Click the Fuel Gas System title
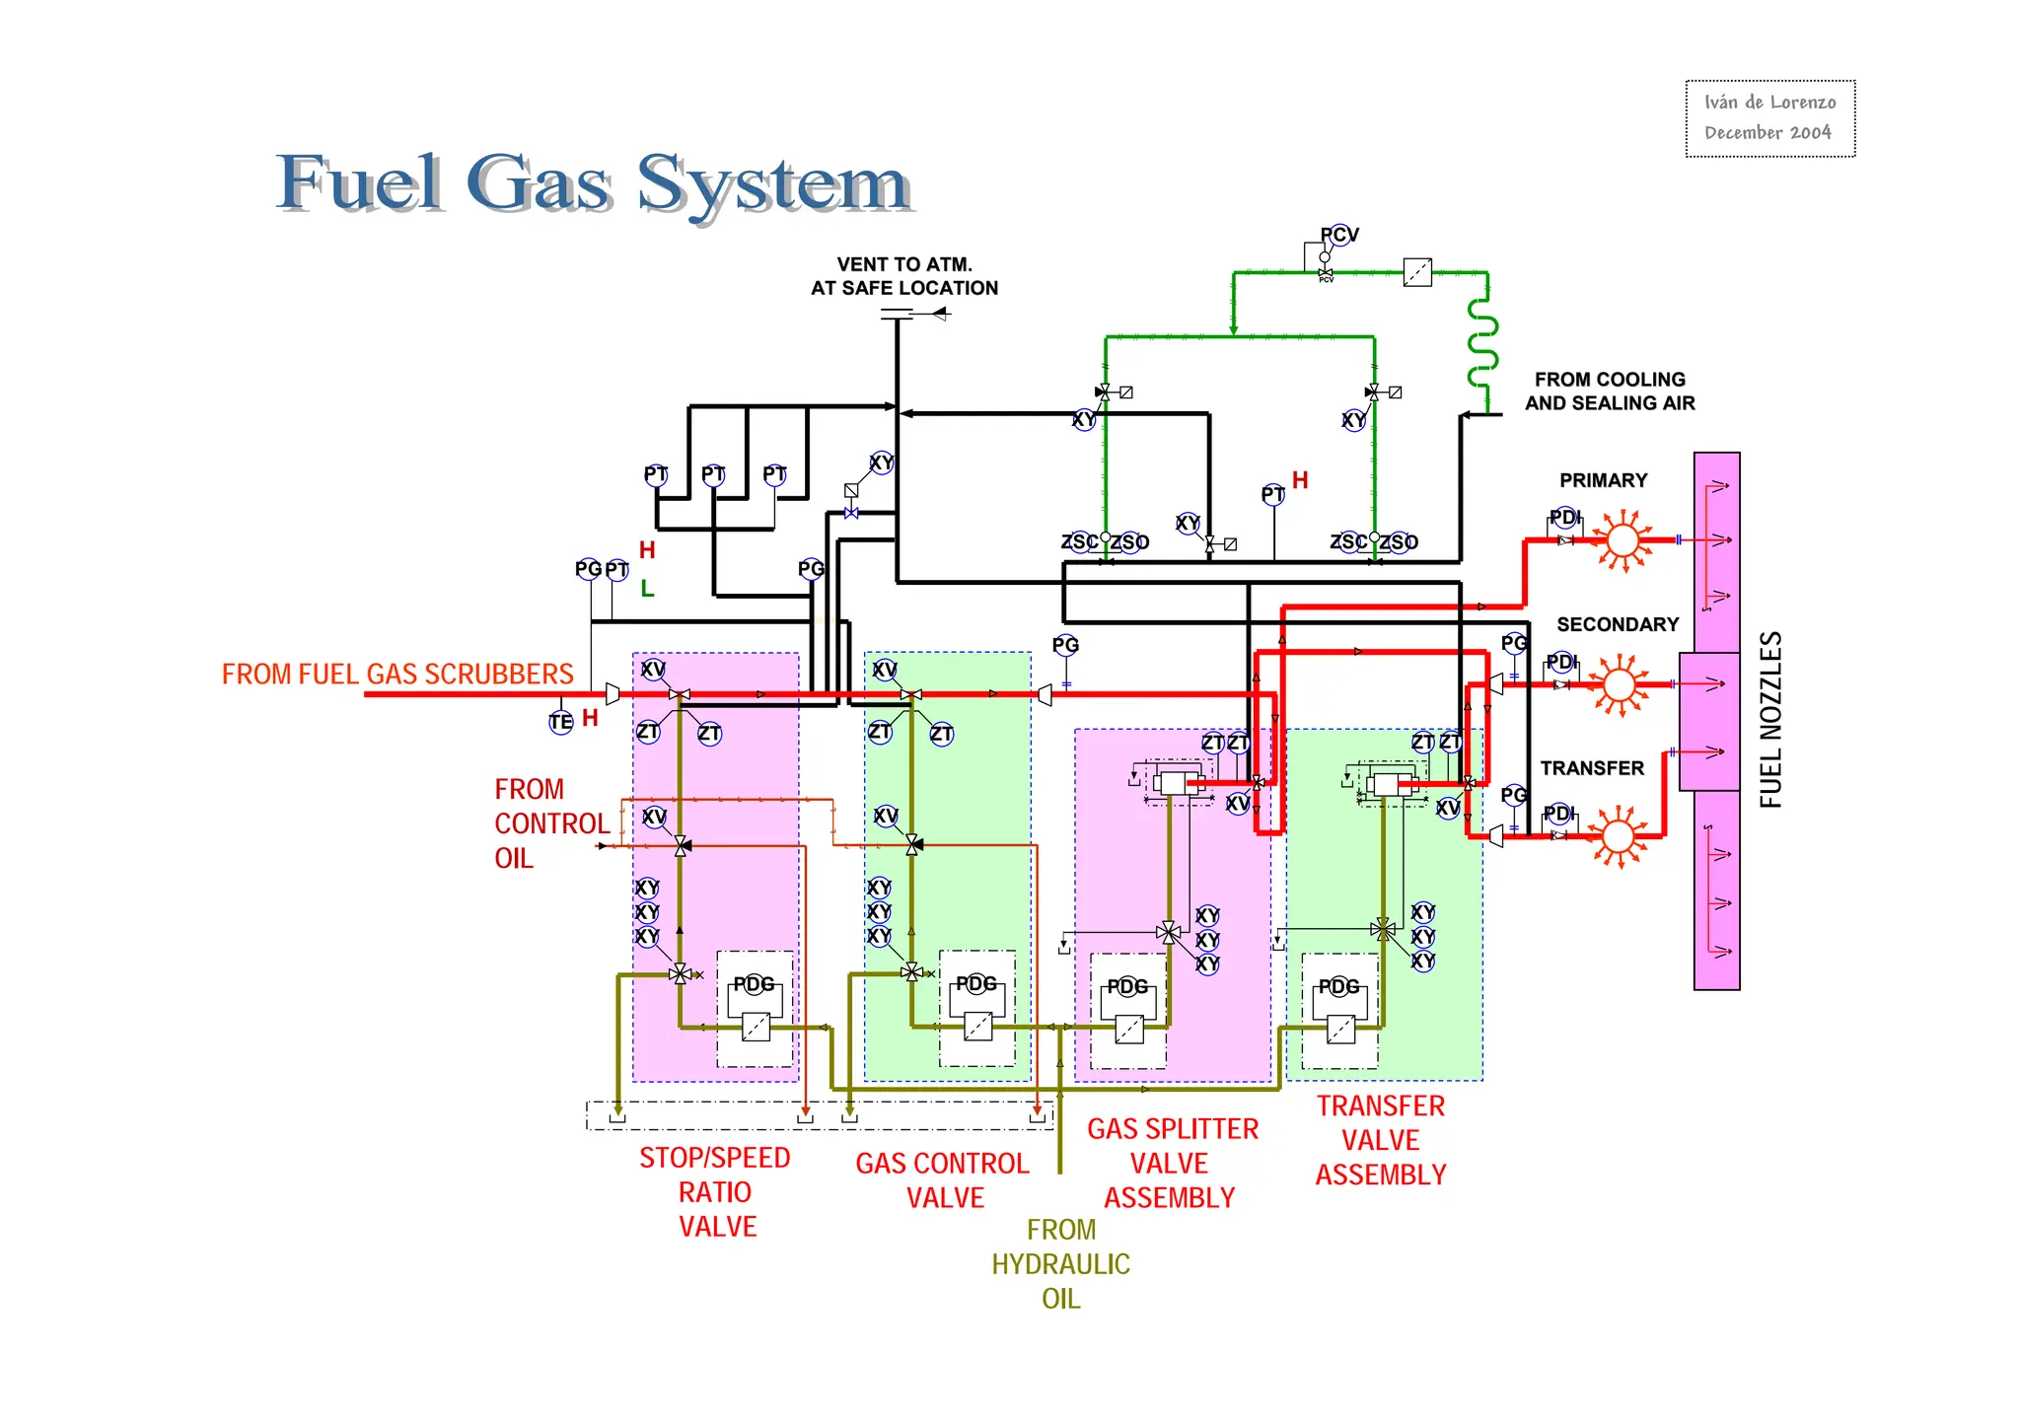[592, 183]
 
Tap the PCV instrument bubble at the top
[1338, 235]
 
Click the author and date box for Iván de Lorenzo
[1769, 118]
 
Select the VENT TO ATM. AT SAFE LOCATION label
[903, 276]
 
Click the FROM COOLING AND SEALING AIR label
[1609, 392]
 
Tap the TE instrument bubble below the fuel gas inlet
[560, 722]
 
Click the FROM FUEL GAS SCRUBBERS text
[397, 675]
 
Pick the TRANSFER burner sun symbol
[1618, 836]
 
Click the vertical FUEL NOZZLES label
[1770, 720]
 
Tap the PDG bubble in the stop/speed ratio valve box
[754, 984]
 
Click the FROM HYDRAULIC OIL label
[1060, 1263]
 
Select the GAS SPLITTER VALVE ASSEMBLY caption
[1172, 1163]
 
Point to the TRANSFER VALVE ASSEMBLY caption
[1380, 1140]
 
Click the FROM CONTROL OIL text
[550, 823]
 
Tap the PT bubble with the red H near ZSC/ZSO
[1273, 494]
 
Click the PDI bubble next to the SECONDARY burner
[1561, 662]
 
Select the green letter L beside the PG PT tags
[647, 589]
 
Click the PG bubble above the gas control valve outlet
[1065, 645]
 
